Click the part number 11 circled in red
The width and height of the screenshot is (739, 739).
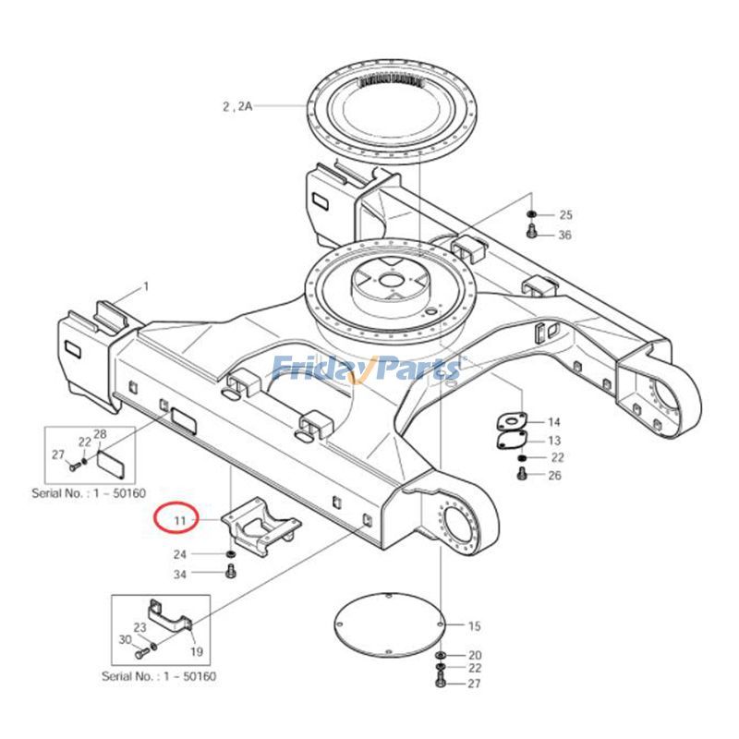coord(180,521)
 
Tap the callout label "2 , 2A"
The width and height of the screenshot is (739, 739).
coord(236,106)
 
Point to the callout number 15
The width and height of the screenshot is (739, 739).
coord(474,626)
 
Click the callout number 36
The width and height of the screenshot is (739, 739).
coord(564,235)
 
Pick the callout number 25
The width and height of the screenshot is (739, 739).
coord(565,214)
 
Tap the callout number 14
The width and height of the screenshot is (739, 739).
coord(554,422)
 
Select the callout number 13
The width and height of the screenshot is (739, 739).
coord(554,441)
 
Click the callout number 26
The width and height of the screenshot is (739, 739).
coord(554,476)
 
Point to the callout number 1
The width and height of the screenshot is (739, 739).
coord(145,287)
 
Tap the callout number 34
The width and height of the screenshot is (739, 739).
coord(180,575)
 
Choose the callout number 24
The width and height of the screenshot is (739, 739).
coord(180,554)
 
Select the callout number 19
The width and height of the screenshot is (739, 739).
coord(196,651)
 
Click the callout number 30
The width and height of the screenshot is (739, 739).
coord(125,639)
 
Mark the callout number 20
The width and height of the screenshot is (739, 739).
coord(474,654)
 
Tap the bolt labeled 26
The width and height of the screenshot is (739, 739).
coord(522,475)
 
